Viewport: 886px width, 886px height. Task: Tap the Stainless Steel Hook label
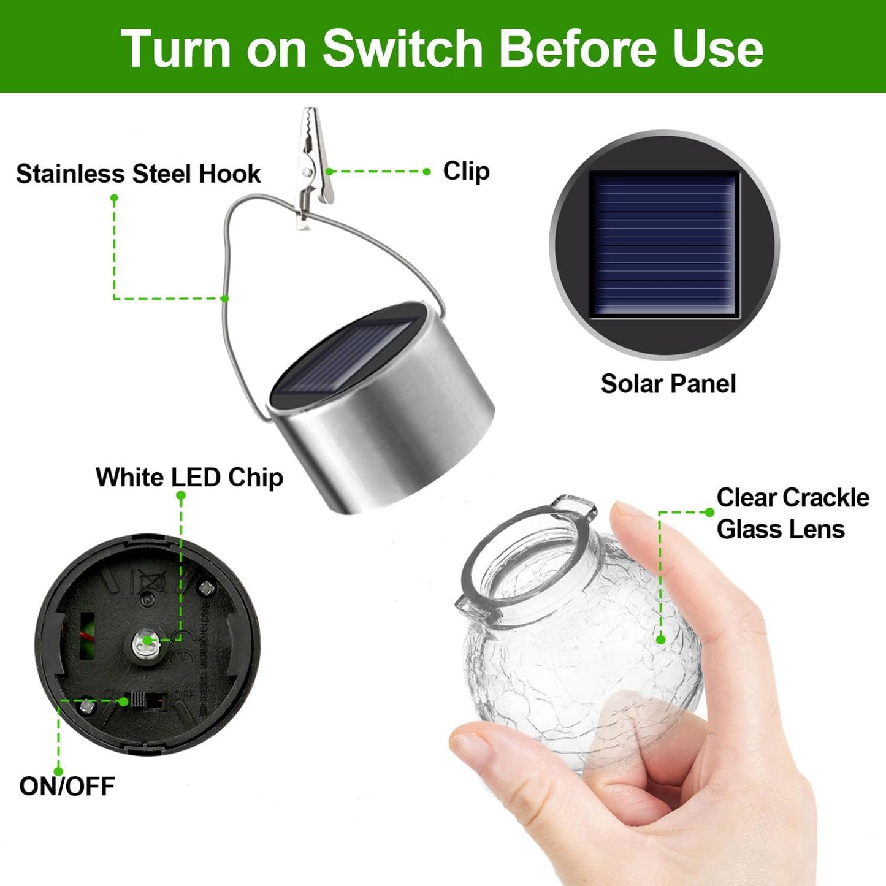(138, 174)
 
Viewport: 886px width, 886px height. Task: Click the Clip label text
(466, 171)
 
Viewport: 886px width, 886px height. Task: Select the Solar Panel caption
(668, 384)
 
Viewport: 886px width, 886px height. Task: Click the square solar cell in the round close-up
(664, 244)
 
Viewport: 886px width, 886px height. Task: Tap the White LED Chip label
(189, 477)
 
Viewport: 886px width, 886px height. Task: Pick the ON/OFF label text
(67, 785)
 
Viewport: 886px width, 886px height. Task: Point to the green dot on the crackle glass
(660, 640)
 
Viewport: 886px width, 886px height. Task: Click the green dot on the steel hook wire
(224, 299)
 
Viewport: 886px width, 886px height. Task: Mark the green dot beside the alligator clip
(329, 172)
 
